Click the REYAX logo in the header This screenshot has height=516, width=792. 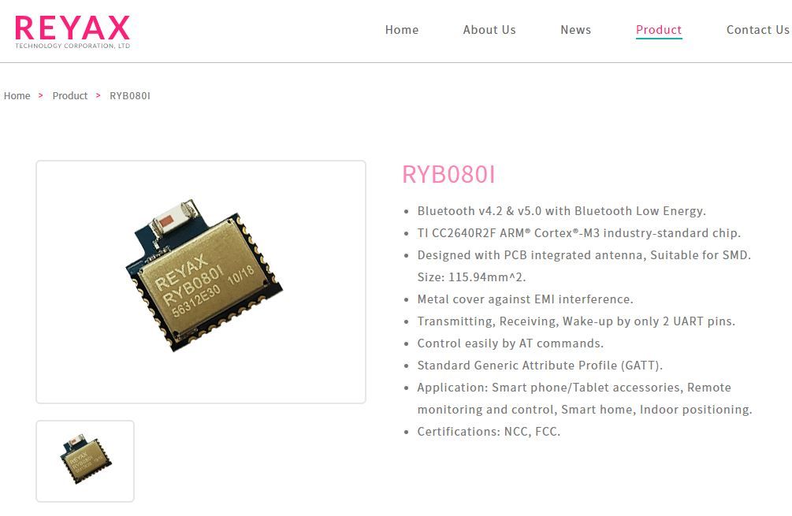coord(73,32)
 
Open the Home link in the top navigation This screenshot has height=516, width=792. coord(402,30)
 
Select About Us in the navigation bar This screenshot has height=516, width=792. coord(489,30)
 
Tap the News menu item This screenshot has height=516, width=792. coord(575,30)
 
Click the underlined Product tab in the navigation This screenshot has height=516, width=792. coord(659,30)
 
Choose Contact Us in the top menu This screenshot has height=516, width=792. coord(757,30)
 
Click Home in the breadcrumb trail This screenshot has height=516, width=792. coord(17,95)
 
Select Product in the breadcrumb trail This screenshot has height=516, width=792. coord(69,95)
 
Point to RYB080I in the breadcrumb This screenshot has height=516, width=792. coord(130,95)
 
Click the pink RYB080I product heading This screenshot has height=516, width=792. coord(448,175)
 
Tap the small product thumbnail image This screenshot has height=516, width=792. coord(85,461)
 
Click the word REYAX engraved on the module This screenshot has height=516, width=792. coord(180,272)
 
